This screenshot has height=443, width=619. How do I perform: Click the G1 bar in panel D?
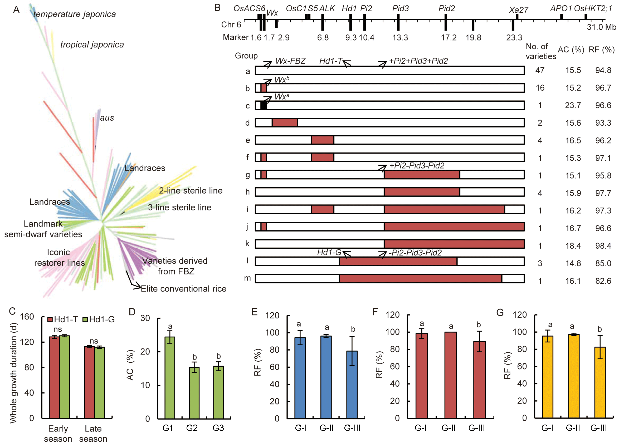click(x=170, y=377)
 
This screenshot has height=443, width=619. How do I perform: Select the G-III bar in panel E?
click(x=352, y=385)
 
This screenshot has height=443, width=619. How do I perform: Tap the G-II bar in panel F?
click(x=451, y=375)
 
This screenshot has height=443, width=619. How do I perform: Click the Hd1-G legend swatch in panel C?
click(x=85, y=319)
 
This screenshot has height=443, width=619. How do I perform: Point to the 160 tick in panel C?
click(x=27, y=317)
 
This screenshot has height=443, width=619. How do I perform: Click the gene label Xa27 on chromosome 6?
click(x=518, y=10)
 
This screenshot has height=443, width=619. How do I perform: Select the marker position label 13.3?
click(x=400, y=37)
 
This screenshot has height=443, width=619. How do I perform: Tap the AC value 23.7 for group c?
click(x=573, y=105)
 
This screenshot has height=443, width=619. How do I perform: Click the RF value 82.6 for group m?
click(x=603, y=281)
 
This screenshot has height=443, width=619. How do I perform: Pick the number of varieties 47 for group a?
click(x=540, y=70)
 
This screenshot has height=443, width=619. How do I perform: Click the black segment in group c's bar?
click(x=264, y=105)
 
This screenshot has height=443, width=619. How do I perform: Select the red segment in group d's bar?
click(x=285, y=123)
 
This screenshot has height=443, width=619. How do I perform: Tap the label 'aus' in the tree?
click(x=107, y=118)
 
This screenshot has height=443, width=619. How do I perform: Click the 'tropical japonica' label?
click(x=92, y=45)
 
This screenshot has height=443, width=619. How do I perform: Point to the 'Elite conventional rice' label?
click(x=183, y=289)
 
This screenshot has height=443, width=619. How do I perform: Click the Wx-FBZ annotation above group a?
click(x=290, y=61)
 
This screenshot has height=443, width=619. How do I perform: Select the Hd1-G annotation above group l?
click(x=329, y=252)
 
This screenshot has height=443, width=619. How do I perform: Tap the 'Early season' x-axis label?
click(x=58, y=434)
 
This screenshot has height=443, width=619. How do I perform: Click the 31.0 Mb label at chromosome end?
click(x=602, y=27)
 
